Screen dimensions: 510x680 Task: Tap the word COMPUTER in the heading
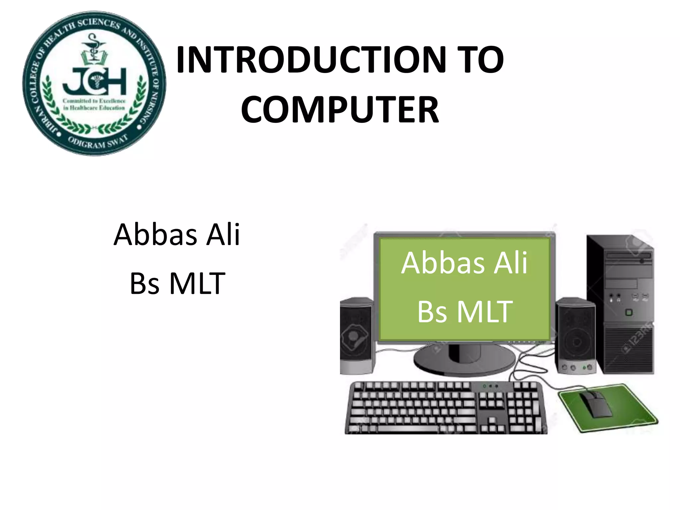coord(340,110)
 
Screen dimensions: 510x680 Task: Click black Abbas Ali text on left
coord(177,234)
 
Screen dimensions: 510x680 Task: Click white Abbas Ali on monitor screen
coord(464,263)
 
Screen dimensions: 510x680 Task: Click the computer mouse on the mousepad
coord(596,404)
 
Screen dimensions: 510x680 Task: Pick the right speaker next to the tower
coord(576,335)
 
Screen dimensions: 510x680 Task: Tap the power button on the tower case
coord(629,312)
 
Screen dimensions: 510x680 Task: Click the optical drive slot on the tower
coord(629,256)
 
